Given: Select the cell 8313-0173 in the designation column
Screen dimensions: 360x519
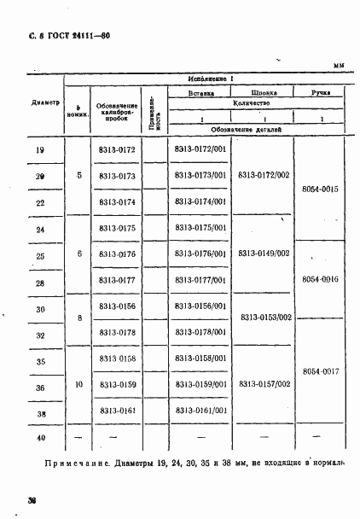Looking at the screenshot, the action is (117, 177).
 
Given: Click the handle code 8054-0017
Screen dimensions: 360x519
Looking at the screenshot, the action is (321, 371).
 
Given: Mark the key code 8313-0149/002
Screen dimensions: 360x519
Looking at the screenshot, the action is (264, 254).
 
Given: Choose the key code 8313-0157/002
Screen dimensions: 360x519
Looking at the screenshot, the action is (264, 385).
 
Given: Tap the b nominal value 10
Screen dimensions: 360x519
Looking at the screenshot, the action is (78, 385).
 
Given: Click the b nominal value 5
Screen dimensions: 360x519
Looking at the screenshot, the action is (78, 176).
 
